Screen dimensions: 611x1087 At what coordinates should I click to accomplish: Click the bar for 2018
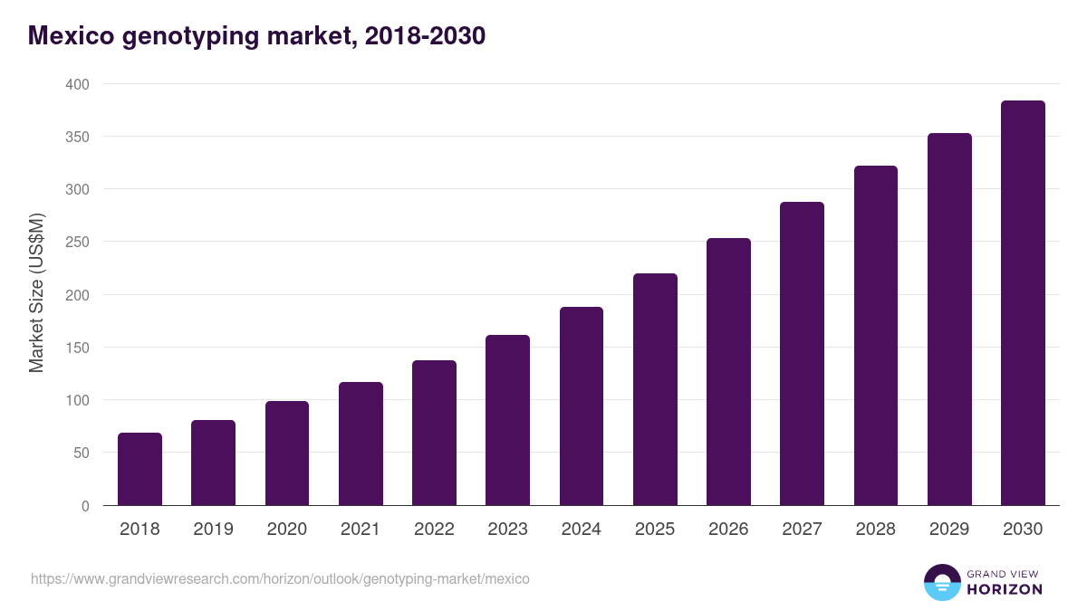pyautogui.click(x=139, y=469)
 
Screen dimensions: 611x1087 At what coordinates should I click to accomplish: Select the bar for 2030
pyautogui.click(x=1023, y=303)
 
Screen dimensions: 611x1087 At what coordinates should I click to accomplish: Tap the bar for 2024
pyautogui.click(x=582, y=406)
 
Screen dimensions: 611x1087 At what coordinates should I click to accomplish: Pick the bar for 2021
pyautogui.click(x=361, y=444)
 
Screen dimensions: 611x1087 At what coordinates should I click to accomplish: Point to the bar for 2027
pyautogui.click(x=802, y=354)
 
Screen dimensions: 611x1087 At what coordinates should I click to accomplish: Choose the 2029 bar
pyautogui.click(x=949, y=320)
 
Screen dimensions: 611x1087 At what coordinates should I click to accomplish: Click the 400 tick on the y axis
pyautogui.click(x=77, y=84)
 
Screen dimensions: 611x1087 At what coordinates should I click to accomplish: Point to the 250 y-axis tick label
pyautogui.click(x=77, y=242)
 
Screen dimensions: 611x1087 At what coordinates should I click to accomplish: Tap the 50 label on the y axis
pyautogui.click(x=81, y=453)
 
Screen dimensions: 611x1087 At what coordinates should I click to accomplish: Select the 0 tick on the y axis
pyautogui.click(x=85, y=506)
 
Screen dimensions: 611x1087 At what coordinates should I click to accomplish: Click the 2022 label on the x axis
pyautogui.click(x=434, y=530)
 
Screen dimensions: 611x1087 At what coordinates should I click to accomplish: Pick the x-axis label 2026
pyautogui.click(x=728, y=530)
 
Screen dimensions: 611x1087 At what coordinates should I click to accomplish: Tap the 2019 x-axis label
pyautogui.click(x=213, y=530)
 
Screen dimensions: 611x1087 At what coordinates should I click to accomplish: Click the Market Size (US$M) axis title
pyautogui.click(x=36, y=293)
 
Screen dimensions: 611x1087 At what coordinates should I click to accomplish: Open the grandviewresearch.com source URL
pyautogui.click(x=280, y=578)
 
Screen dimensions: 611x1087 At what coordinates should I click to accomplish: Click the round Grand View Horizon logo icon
pyautogui.click(x=942, y=583)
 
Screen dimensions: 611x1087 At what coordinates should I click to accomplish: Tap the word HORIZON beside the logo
pyautogui.click(x=1005, y=589)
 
